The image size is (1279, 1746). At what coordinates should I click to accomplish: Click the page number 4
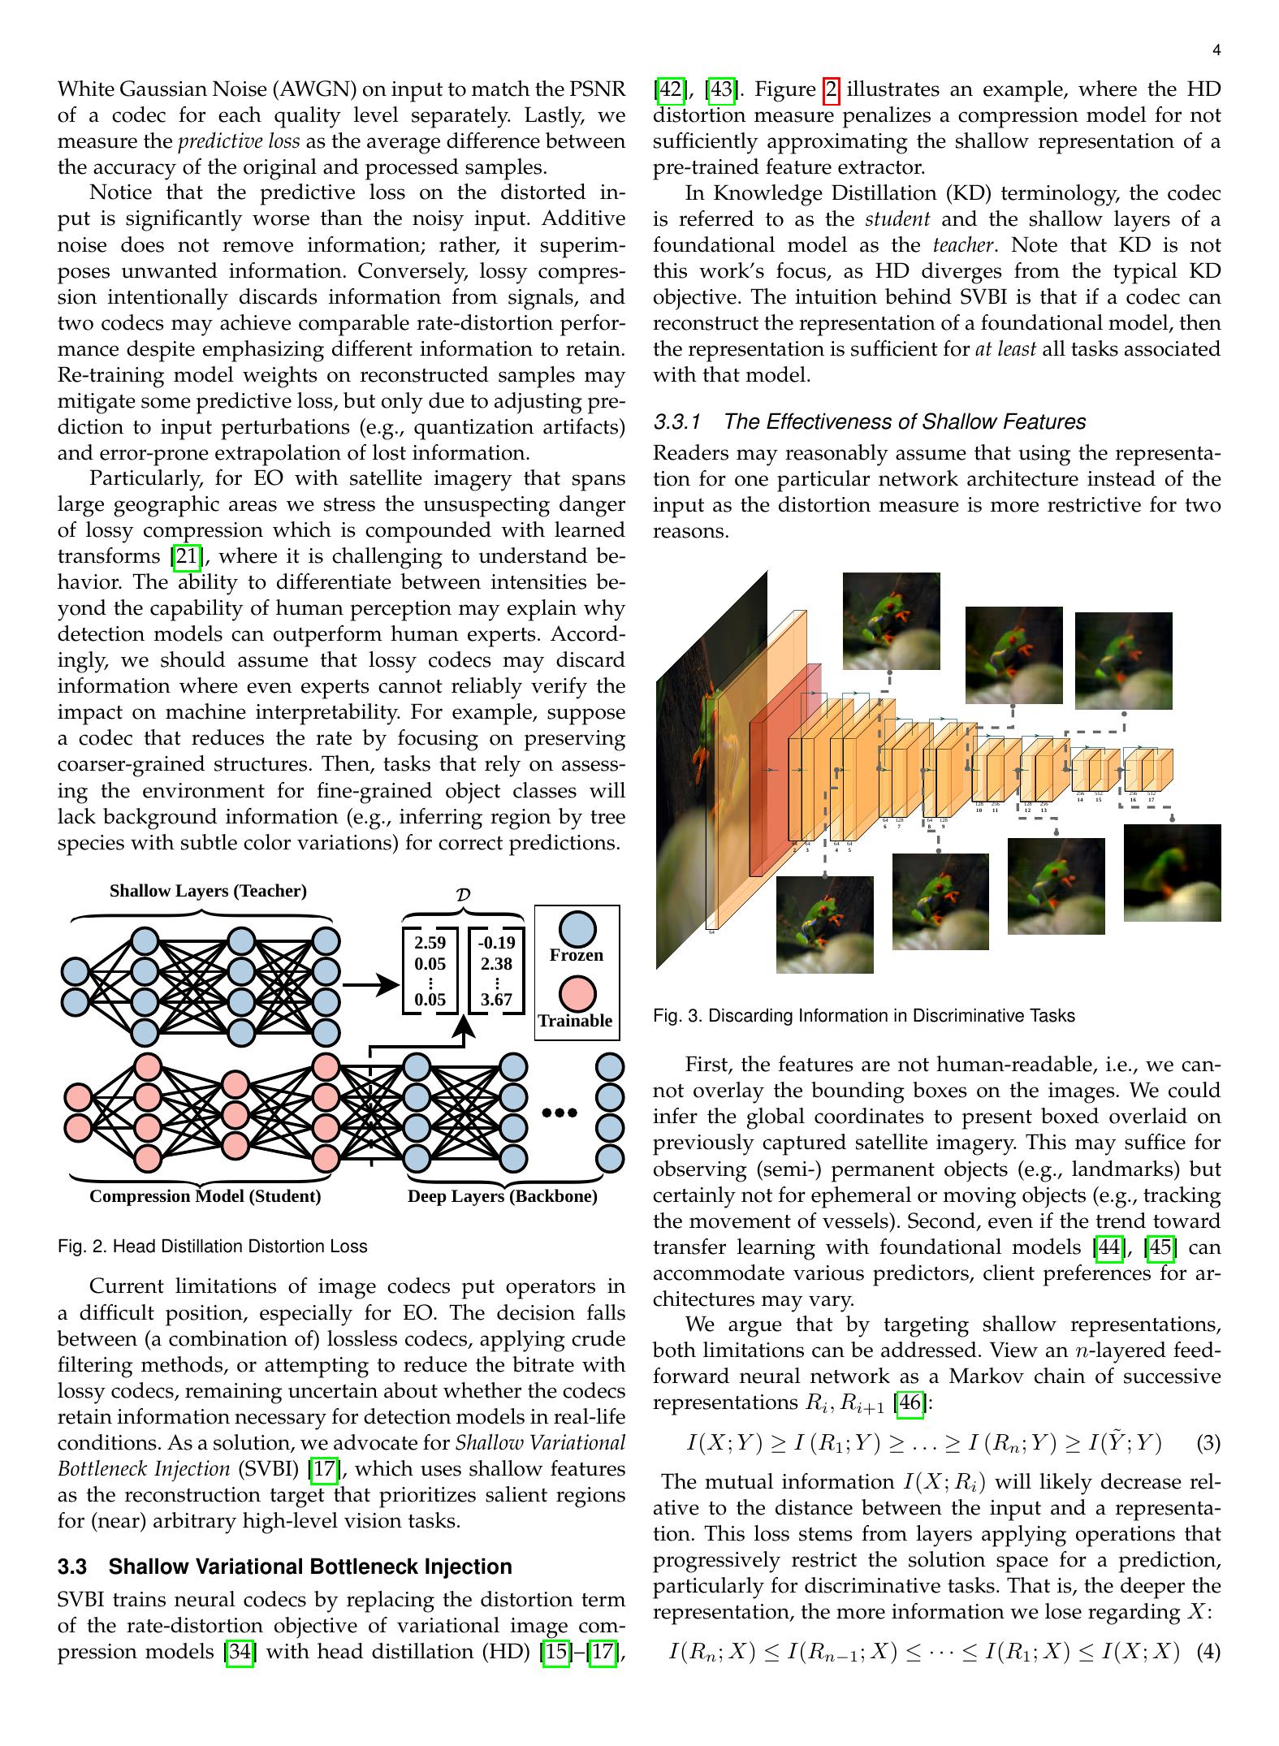click(x=1216, y=51)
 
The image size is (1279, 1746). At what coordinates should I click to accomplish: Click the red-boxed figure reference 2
click(x=832, y=89)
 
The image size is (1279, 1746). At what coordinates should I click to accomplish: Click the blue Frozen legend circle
click(x=577, y=928)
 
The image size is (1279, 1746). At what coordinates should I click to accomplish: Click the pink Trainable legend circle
click(x=577, y=994)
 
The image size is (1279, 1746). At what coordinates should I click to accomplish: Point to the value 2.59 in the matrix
click(x=430, y=943)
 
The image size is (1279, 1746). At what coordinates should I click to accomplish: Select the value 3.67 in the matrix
click(x=496, y=999)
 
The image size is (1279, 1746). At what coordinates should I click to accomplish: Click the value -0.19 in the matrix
click(x=496, y=943)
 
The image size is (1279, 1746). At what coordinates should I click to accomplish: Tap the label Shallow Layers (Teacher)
click(x=208, y=891)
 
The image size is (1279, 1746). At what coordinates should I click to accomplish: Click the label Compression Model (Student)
click(x=205, y=1196)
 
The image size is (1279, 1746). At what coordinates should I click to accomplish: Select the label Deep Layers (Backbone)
click(x=502, y=1196)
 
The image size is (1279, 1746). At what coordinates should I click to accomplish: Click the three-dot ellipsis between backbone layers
click(x=560, y=1113)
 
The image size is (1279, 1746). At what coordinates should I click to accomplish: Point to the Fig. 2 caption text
click(x=212, y=1246)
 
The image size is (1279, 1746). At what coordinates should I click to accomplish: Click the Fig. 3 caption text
click(x=863, y=1016)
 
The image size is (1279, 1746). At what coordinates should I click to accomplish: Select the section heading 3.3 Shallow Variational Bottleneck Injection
click(x=284, y=1567)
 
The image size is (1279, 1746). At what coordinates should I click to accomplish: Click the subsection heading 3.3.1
click(x=869, y=421)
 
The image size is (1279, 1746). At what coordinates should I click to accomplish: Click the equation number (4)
click(x=1208, y=1652)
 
